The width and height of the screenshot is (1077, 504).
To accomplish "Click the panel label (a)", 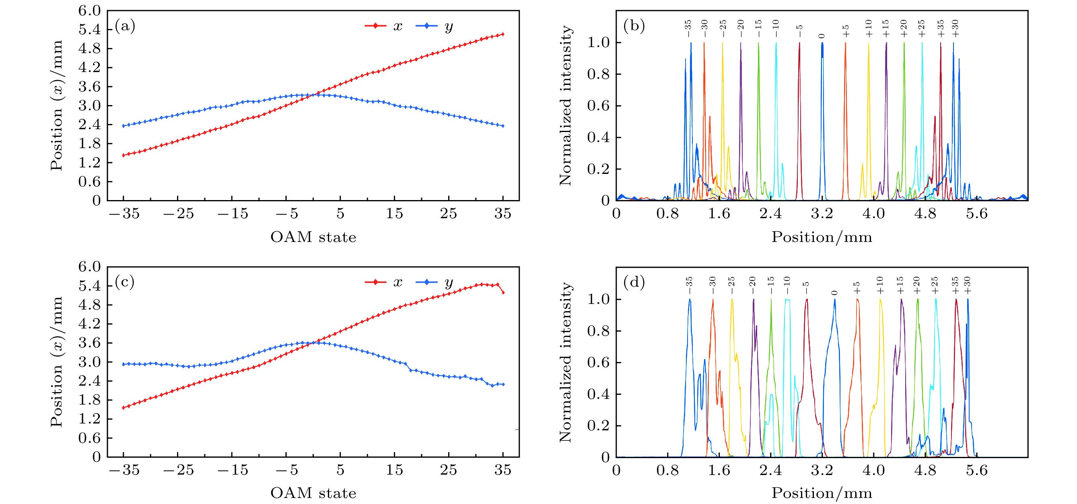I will point(125,26).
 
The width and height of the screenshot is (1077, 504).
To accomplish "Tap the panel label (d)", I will point(634,282).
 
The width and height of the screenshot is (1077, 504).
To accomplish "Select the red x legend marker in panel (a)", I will point(375,26).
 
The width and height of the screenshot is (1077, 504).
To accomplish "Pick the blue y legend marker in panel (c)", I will point(426,282).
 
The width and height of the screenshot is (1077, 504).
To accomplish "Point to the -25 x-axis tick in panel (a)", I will point(178,214).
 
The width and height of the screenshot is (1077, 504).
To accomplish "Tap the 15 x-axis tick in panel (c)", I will point(394,470).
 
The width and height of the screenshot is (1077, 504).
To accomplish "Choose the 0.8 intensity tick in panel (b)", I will point(598,74).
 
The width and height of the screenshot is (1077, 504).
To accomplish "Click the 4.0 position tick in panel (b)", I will point(873,214).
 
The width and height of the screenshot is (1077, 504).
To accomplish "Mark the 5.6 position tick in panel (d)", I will point(976,470).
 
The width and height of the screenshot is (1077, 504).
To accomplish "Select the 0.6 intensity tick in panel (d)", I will point(598,363).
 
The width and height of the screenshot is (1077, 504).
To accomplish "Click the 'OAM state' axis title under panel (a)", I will point(313,237).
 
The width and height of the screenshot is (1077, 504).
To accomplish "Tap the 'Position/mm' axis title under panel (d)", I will point(822,494).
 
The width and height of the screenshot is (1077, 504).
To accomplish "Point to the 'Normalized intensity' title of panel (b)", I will point(565,105).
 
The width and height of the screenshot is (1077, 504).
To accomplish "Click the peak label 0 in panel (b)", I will point(822,36).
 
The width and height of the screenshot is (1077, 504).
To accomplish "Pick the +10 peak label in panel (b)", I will point(869,29).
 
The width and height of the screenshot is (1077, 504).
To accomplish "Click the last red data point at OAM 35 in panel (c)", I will point(503,293).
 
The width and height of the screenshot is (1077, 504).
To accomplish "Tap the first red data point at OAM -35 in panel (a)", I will point(124,155).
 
